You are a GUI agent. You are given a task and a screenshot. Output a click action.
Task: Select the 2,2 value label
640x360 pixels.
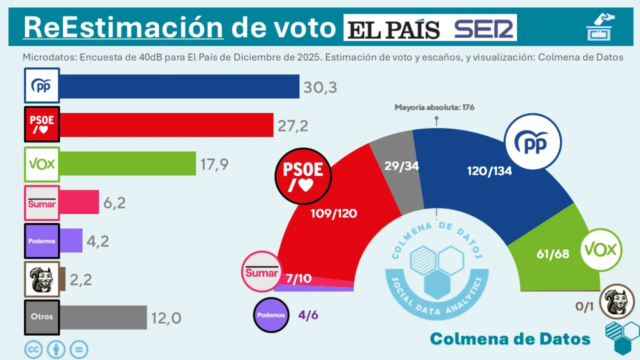coord(80,279)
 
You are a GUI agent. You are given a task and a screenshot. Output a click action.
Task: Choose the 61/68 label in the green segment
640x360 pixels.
coord(552,254)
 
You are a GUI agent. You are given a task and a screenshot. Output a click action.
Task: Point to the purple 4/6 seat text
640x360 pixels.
coord(308,315)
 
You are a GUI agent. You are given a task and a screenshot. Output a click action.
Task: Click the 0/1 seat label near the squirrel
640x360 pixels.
coord(584,306)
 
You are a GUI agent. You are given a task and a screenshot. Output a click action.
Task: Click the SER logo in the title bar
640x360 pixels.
coord(484,29)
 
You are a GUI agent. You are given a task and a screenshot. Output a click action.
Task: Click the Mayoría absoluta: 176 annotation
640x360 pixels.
coord(435,107)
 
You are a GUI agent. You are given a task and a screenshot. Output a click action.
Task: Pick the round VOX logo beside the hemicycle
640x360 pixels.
coord(601,251)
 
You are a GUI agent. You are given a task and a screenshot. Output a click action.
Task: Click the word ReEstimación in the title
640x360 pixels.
coord(123,27)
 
